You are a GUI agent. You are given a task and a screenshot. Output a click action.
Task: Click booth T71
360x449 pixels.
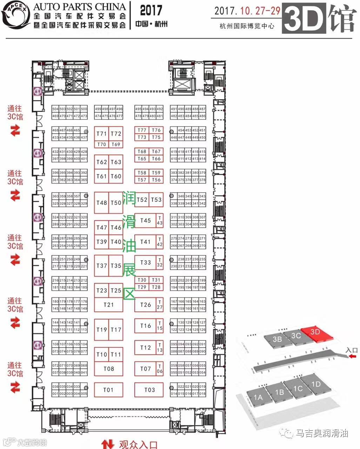(x=101, y=134)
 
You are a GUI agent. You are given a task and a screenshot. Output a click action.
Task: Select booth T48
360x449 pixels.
(x=101, y=202)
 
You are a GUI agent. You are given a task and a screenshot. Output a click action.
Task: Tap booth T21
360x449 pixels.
(x=109, y=304)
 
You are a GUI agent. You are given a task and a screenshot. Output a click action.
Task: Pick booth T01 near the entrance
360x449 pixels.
(x=109, y=390)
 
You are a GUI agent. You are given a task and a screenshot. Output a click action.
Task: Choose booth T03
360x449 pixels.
(x=149, y=390)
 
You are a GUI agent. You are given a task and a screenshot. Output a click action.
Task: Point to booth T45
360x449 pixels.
(x=145, y=221)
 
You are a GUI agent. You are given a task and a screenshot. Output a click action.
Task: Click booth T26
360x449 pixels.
(x=145, y=304)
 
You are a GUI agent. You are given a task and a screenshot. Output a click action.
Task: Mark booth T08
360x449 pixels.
(x=109, y=369)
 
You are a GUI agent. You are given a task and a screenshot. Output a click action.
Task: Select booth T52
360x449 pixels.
(x=142, y=200)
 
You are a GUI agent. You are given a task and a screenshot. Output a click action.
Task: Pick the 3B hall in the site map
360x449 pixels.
(x=277, y=339)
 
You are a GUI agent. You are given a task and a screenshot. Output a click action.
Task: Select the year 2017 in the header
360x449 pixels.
(x=151, y=11)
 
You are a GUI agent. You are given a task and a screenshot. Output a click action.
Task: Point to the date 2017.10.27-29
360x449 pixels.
(x=247, y=11)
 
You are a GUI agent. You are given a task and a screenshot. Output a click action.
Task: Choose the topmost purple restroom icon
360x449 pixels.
(x=37, y=91)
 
